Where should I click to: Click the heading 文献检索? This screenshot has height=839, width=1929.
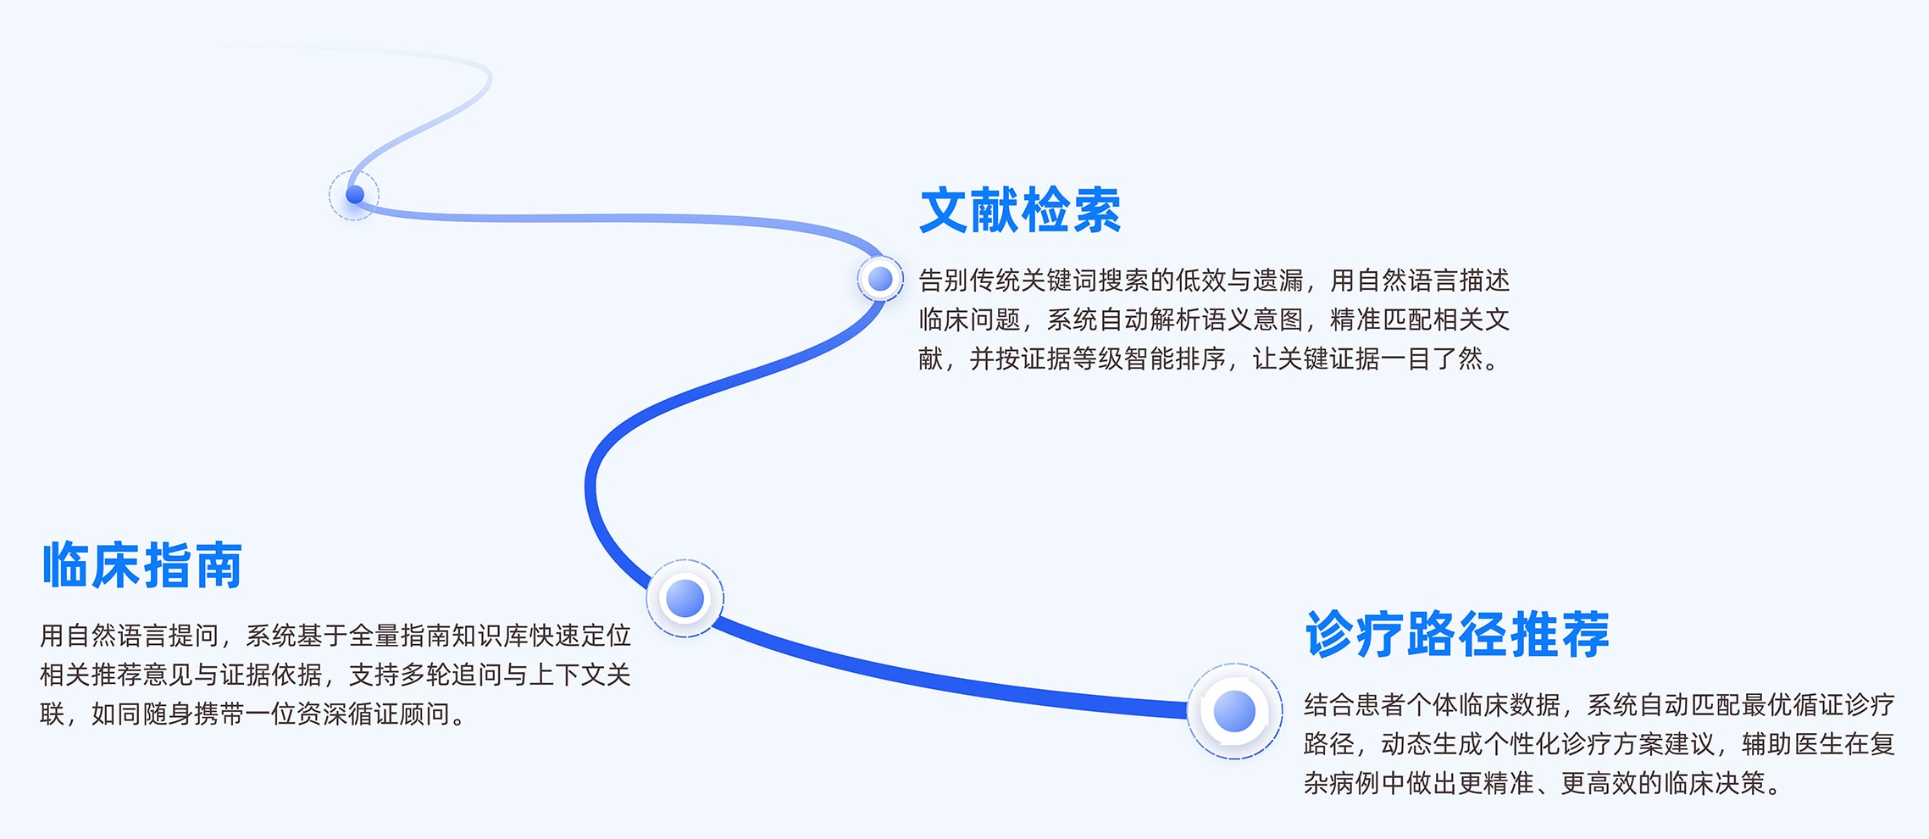(1020, 210)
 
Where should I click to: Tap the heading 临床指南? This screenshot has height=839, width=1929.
(142, 565)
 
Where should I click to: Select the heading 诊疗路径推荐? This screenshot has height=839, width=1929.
(1457, 634)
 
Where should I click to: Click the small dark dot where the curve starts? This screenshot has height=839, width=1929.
(355, 195)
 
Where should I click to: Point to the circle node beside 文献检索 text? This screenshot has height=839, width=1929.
(880, 279)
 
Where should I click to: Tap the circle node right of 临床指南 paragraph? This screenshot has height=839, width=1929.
(685, 598)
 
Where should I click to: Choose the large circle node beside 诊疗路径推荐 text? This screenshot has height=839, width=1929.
(1234, 711)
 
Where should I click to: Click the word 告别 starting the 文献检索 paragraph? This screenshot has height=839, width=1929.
(944, 280)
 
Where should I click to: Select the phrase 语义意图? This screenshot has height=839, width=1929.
(1253, 319)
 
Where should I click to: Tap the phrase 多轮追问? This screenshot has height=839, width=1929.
(451, 675)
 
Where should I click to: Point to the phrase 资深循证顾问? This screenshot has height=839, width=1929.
(374, 714)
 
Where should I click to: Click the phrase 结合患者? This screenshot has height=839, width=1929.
(1355, 704)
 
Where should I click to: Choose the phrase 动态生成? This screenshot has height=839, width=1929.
(1432, 744)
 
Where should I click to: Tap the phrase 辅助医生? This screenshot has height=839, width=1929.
(1793, 744)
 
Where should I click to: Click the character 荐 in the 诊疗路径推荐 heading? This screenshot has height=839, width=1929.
(1585, 634)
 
